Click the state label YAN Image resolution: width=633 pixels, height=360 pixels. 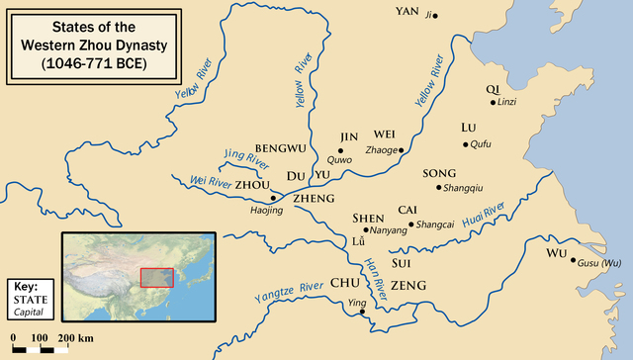click(x=408, y=11)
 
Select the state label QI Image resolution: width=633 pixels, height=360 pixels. click(x=493, y=88)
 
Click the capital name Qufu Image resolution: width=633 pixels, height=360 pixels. click(x=480, y=144)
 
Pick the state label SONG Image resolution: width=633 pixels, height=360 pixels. click(x=439, y=173)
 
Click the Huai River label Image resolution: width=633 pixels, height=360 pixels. click(x=482, y=213)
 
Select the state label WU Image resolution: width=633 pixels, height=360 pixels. click(x=556, y=253)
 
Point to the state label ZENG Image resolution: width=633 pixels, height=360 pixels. click(x=408, y=285)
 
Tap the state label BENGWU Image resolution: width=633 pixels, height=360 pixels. click(x=281, y=148)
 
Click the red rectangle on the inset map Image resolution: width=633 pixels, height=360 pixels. click(x=156, y=277)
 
